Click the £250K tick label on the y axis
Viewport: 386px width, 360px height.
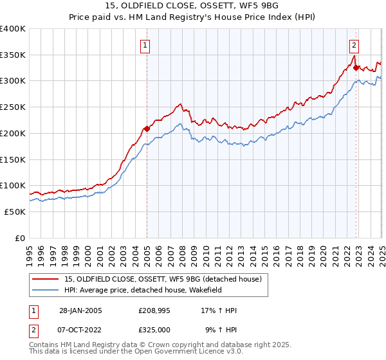pos(13,107)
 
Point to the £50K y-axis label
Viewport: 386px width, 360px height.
pos(15,212)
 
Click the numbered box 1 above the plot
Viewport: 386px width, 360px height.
pos(146,46)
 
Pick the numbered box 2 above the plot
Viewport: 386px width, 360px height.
pos(354,46)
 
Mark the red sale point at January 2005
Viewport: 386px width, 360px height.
pos(147,129)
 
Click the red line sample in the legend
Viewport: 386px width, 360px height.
pos(46,279)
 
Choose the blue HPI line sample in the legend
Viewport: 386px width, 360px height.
pos(46,291)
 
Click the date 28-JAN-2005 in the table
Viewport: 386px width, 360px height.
pos(80,310)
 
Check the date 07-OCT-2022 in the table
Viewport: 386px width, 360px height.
pos(80,329)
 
